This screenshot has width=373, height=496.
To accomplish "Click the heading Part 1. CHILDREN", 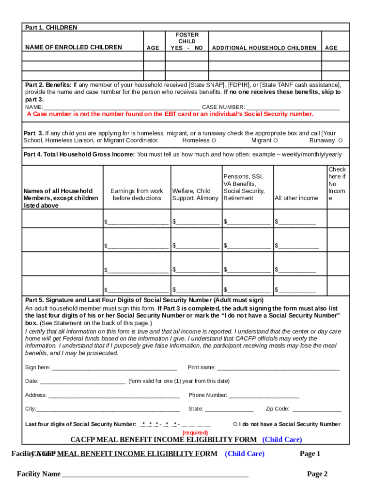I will pos(51,28).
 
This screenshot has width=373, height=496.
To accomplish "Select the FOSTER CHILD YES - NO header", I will pos(186,42).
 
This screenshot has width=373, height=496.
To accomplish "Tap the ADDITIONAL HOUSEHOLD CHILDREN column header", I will pos(264,48).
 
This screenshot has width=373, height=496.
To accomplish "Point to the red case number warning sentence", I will pos(170,114).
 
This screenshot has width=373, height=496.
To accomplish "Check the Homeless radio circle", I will pos(214,140).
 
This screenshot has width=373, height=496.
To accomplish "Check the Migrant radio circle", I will pos(275,140).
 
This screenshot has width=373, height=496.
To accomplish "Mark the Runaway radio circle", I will pos(341,140).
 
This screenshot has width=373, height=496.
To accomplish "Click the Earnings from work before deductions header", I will pos(137,194).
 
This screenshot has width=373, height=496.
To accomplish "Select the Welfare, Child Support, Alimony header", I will pos(195,194).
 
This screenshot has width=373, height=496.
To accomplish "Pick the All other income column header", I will pos(296,198).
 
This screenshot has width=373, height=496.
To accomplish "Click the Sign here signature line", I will pos(114,368).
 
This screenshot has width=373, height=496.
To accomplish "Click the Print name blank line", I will pos(278,368).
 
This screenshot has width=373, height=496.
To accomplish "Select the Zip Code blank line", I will pos(317,409).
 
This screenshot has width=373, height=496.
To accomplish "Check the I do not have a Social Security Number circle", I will pos(235,424).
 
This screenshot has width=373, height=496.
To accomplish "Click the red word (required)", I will pos(195,432).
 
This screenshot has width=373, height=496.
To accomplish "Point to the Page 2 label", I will pos(317,474).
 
